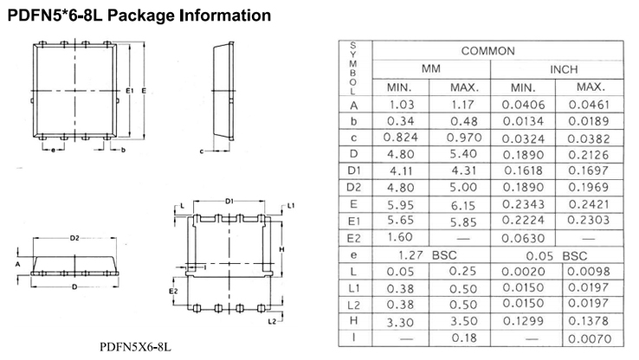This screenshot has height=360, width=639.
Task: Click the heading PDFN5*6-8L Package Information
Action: coord(138,16)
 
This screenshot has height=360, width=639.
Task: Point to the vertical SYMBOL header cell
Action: coord(353,67)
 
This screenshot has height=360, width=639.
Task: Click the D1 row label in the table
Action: coord(353,172)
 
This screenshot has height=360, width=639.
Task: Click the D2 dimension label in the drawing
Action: coord(75,237)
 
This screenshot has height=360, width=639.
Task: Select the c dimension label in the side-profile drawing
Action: coord(201,151)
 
